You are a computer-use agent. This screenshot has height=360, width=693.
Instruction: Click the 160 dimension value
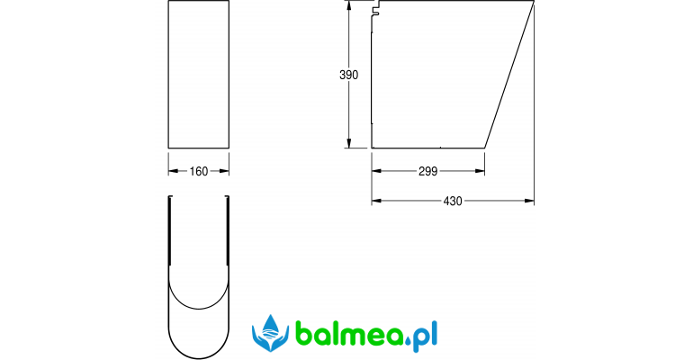pos(198,171)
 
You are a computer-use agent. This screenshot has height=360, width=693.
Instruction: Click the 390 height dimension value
pos(348,75)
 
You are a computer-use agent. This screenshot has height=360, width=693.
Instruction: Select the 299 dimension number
pos(427,171)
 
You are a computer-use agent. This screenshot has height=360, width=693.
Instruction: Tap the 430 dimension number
pos(453,202)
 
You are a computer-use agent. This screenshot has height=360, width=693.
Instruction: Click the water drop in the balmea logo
pos(271,325)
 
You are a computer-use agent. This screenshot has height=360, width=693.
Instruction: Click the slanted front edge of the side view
pos(509,75)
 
